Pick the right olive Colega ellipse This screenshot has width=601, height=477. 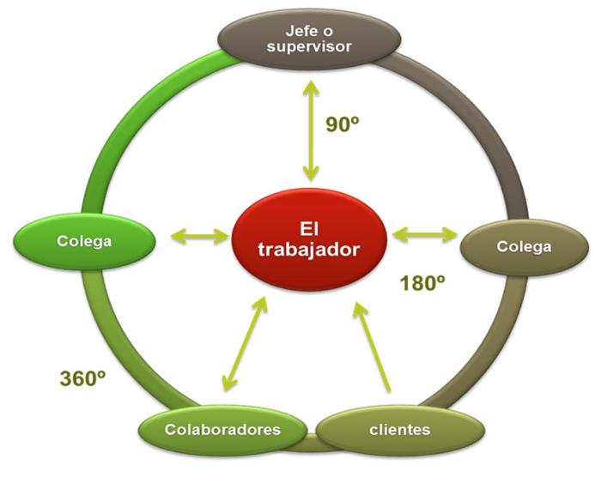[523, 247]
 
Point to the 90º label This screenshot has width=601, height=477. [342, 124]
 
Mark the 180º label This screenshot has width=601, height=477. [422, 283]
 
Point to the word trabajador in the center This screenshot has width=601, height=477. [310, 251]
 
